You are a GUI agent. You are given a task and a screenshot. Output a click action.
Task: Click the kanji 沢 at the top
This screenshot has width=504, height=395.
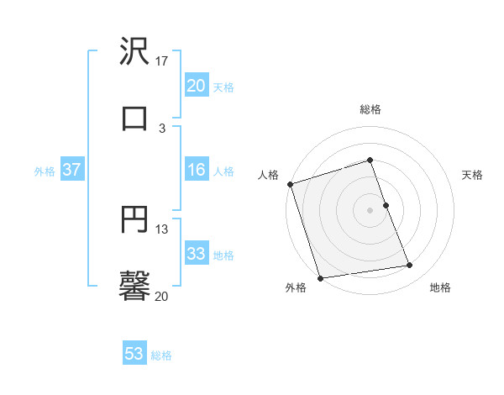(134, 52)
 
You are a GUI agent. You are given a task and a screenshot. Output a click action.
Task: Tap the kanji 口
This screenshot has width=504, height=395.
(134, 118)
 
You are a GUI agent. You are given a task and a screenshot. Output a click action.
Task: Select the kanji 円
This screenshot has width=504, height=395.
(134, 220)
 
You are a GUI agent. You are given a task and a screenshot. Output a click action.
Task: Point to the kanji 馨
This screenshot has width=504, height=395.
(134, 286)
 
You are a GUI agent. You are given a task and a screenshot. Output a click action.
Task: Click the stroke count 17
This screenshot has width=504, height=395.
(162, 61)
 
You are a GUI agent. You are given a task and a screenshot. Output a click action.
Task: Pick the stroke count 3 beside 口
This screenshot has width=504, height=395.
(162, 128)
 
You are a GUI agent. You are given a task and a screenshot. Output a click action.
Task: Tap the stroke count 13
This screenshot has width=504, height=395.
(162, 229)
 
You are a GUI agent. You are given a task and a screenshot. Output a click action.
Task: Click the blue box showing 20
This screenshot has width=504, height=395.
(197, 86)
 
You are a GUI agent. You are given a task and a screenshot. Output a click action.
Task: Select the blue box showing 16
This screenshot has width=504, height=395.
(197, 170)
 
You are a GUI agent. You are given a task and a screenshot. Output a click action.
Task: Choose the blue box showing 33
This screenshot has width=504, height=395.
(197, 254)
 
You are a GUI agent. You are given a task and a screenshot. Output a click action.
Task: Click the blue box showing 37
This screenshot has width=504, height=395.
(71, 170)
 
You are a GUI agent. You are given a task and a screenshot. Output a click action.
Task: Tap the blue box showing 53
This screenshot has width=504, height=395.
(134, 354)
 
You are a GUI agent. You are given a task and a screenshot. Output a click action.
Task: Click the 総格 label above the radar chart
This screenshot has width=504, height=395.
(370, 109)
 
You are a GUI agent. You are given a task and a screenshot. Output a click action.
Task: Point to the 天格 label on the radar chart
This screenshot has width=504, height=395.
(472, 175)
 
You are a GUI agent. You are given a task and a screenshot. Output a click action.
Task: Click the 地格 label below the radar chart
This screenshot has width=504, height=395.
(440, 288)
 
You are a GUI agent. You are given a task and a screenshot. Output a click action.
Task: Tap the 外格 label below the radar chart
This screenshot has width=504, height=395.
(296, 288)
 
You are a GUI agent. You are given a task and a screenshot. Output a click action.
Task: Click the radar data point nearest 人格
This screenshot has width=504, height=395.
(290, 184)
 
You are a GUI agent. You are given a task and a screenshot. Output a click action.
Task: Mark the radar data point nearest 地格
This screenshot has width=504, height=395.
(410, 266)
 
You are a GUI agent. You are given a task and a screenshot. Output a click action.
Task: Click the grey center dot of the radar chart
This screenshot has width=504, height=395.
(370, 210)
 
